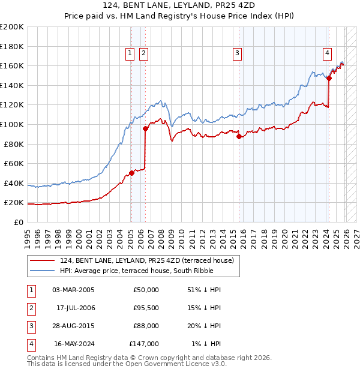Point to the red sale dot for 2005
(131, 173)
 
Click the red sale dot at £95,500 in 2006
(145, 128)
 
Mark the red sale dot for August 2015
(239, 136)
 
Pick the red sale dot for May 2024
(329, 78)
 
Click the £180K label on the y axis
(12, 46)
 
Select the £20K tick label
(14, 203)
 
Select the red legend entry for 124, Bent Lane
(150, 260)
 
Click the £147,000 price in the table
(144, 344)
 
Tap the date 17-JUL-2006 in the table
(75, 308)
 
